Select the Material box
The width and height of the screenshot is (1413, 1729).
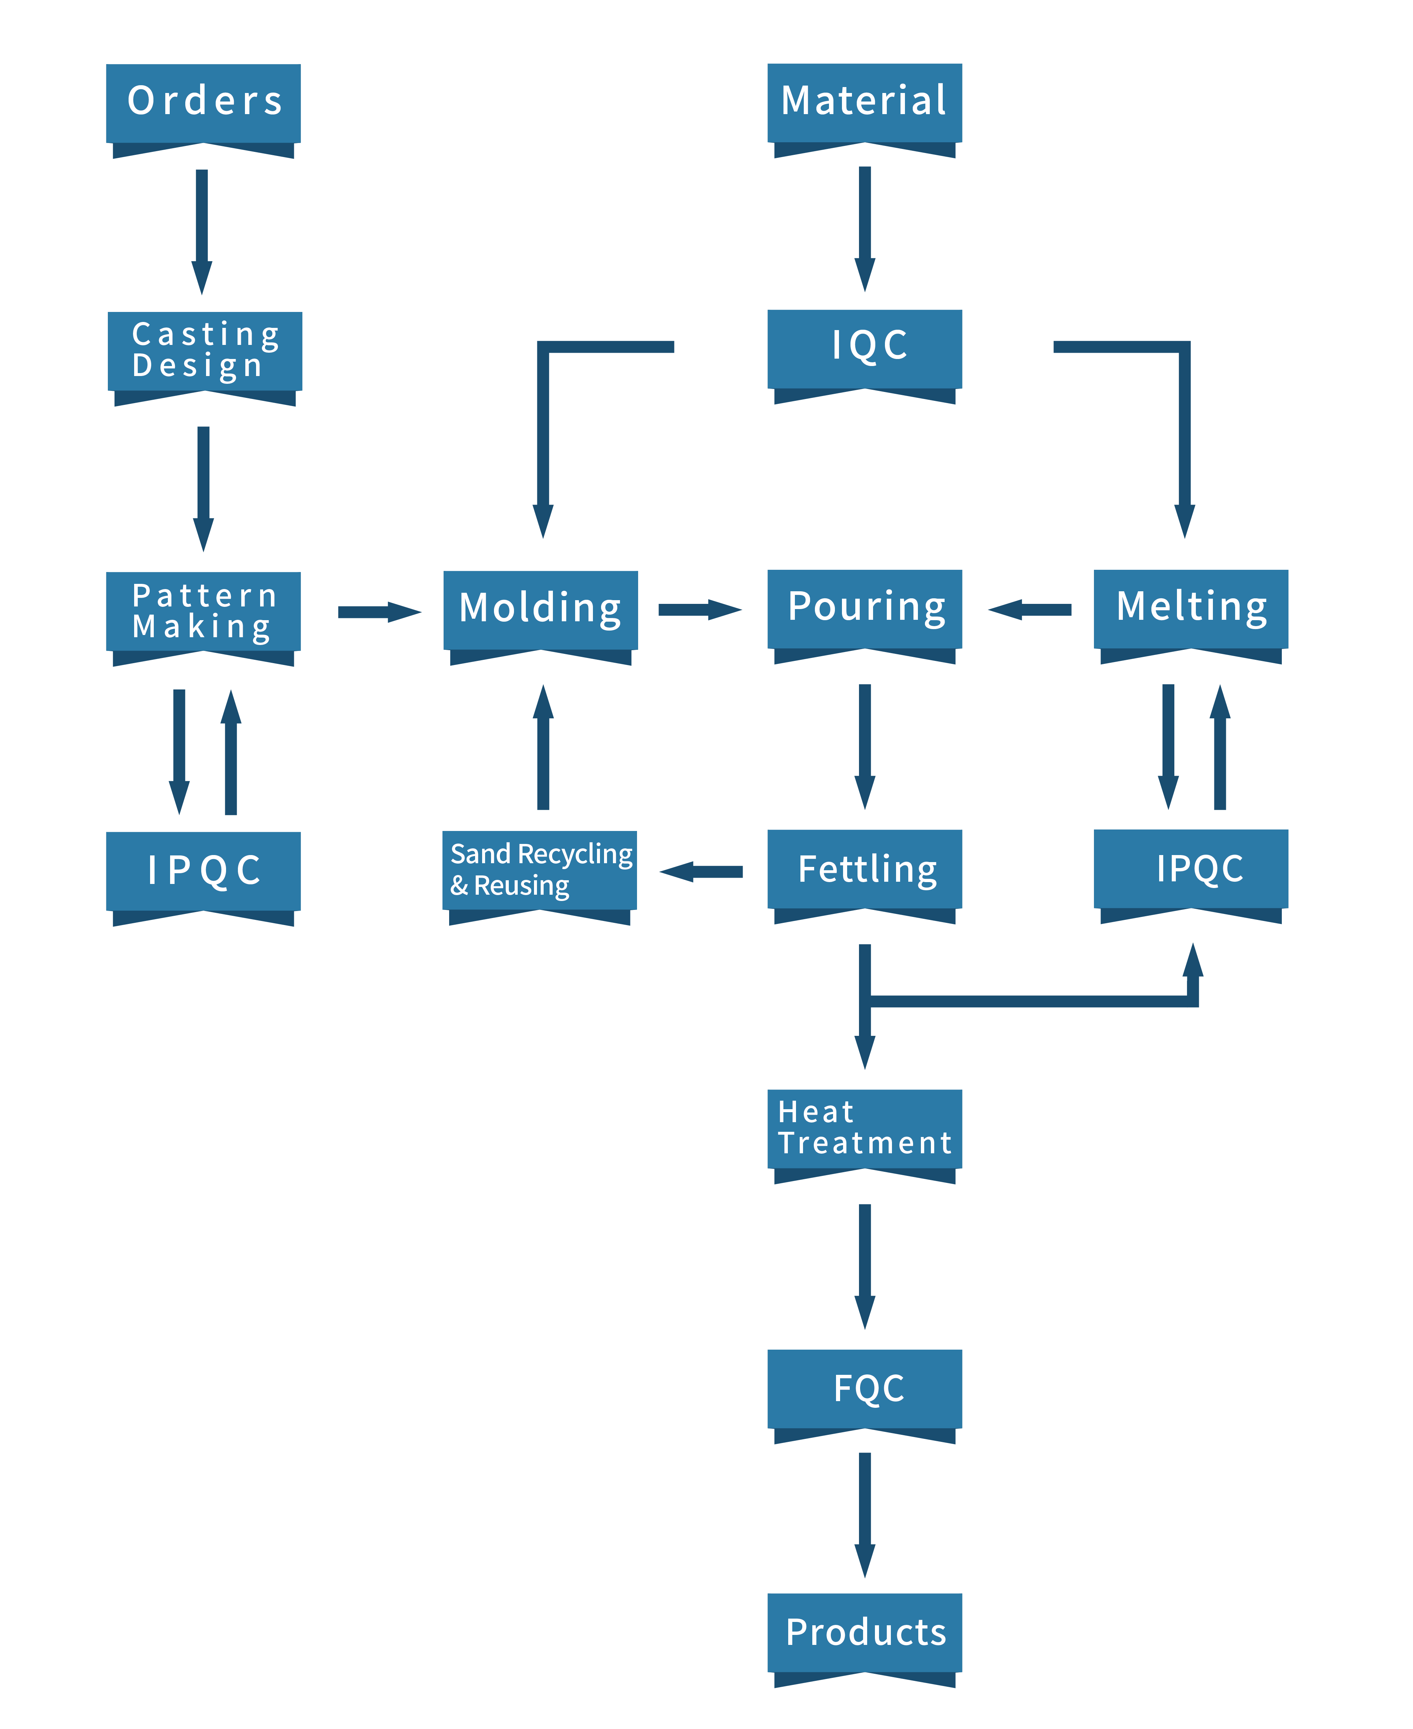(x=865, y=103)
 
